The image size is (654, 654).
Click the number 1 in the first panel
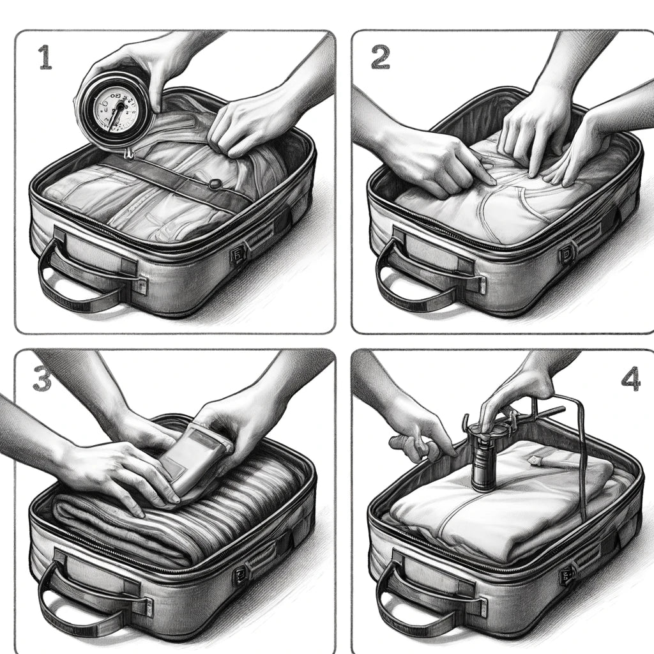click(x=45, y=57)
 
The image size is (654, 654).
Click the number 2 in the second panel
click(x=380, y=57)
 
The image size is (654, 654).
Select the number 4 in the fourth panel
click(x=630, y=378)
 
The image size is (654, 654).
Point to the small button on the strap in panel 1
click(x=216, y=183)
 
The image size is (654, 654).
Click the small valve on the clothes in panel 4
click(x=535, y=460)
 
